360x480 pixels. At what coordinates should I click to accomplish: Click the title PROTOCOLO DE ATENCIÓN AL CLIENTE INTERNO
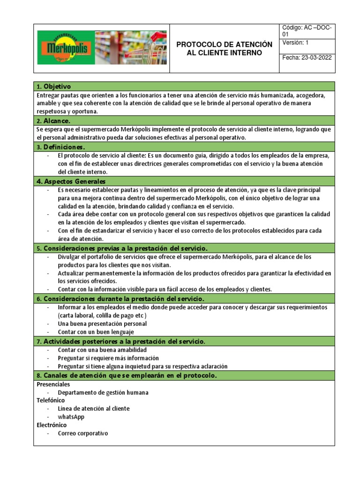224,49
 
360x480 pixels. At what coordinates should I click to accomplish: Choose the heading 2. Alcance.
52,120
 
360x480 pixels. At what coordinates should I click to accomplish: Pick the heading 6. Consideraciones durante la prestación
120,299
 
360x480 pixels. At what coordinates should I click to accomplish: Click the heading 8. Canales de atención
126,375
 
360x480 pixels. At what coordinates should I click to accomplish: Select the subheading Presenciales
53,384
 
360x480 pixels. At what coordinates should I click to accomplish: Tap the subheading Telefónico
51,400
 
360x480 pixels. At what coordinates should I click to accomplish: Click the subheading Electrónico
52,425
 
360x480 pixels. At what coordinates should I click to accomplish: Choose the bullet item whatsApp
71,417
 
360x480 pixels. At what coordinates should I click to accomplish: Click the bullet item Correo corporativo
82,433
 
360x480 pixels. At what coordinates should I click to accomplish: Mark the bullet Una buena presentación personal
102,323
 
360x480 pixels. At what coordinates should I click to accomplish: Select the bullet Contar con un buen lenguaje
92,332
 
